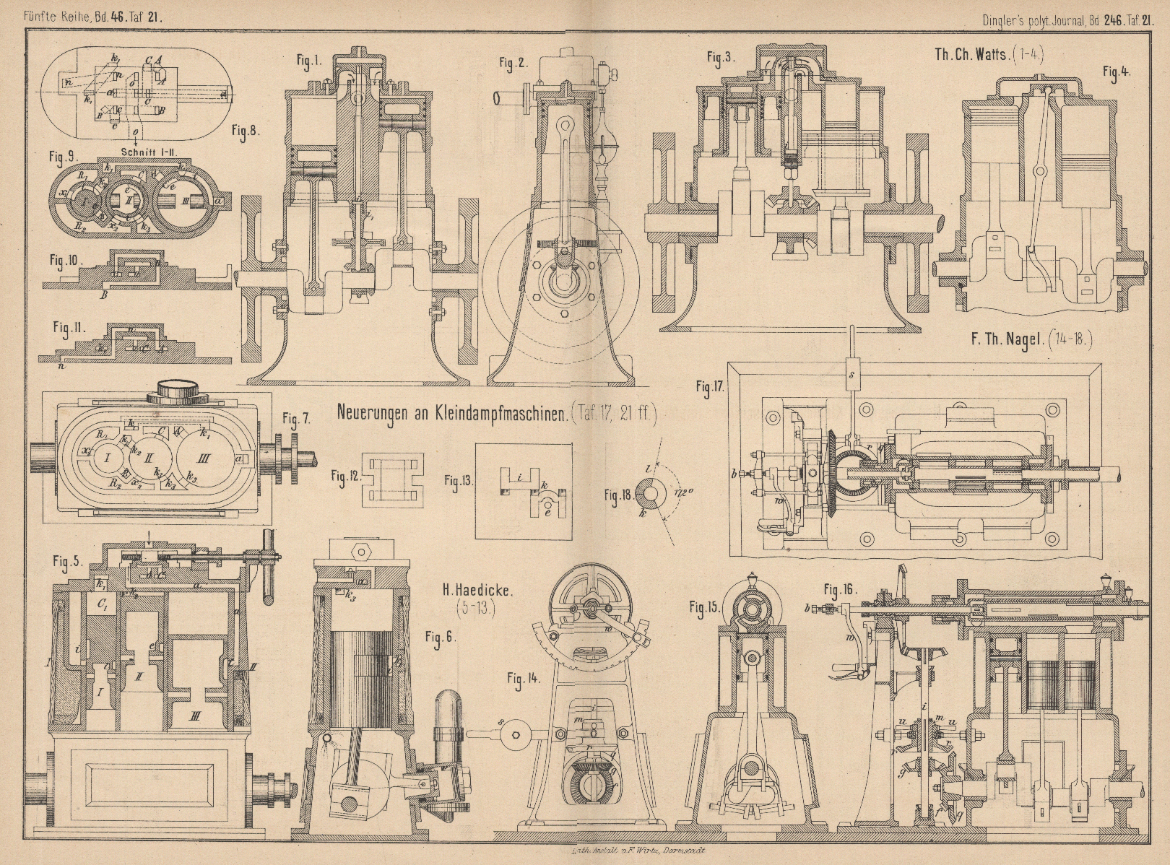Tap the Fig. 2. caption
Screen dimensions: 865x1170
click(x=513, y=64)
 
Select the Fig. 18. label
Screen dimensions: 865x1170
click(x=619, y=495)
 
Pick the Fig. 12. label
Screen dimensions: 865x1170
click(x=346, y=475)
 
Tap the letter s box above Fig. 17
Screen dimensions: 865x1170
click(x=852, y=374)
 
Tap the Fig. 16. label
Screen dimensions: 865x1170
click(x=841, y=589)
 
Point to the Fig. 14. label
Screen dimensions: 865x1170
click(x=523, y=678)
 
